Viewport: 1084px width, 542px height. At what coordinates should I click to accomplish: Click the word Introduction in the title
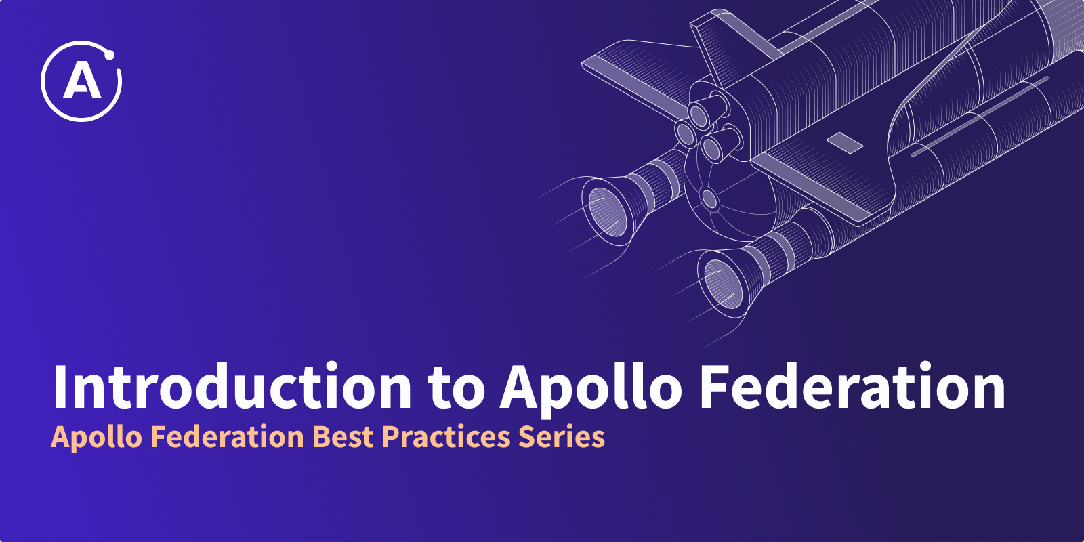point(232,385)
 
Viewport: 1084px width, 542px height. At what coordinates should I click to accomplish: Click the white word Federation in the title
point(853,385)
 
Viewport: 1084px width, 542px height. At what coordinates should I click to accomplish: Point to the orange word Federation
point(227,436)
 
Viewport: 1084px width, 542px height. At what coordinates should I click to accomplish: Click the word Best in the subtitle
point(346,436)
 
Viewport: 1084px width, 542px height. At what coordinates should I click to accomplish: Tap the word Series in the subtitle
point(562,436)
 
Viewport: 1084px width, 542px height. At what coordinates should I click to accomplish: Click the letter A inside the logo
point(82,81)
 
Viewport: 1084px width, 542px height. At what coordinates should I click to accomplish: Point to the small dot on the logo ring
point(109,55)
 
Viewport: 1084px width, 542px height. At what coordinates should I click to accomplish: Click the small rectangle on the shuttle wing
point(844,143)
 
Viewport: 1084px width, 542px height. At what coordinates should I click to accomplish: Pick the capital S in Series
point(528,436)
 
